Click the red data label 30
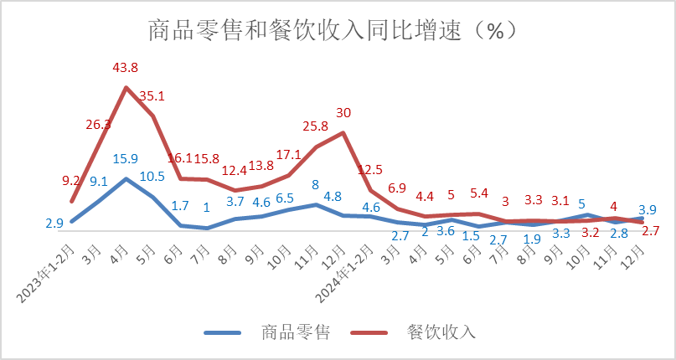point(343,112)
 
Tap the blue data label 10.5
point(152,176)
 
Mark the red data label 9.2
point(71,180)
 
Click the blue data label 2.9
point(54,224)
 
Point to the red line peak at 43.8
point(126,87)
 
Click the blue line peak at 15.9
point(126,178)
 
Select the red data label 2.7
point(651,230)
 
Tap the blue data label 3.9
point(648,210)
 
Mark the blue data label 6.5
point(286,198)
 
